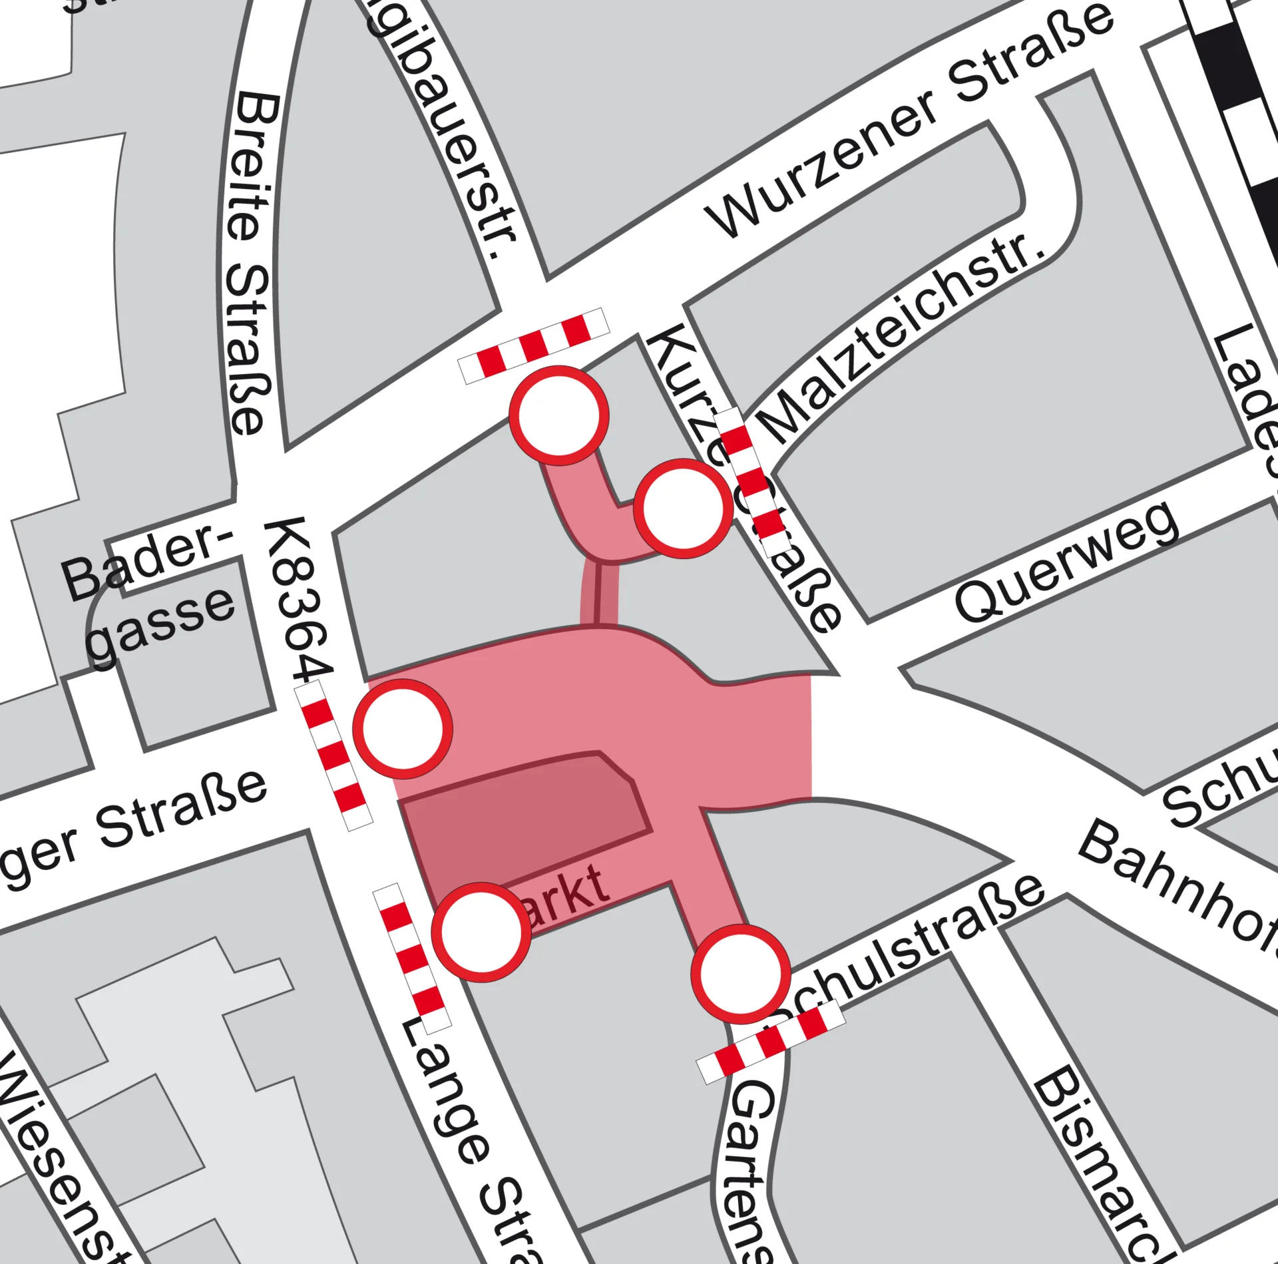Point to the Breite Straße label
tap(250, 263)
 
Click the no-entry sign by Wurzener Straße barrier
tap(559, 415)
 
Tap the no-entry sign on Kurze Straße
tap(683, 509)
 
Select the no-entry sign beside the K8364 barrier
tap(403, 728)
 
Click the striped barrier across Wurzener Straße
tap(534, 345)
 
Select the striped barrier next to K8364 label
tap(333, 755)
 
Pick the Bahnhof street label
tap(1178, 885)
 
